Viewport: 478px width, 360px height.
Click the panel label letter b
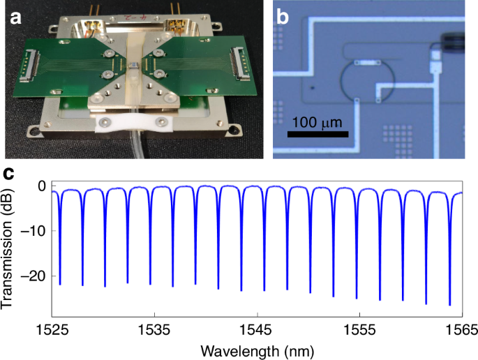pos(283,15)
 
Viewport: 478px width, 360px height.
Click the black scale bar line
pos(318,133)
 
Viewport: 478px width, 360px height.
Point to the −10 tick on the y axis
pos(35,231)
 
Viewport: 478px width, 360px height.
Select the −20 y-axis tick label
pos(35,276)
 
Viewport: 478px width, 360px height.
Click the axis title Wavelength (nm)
pos(257,347)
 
